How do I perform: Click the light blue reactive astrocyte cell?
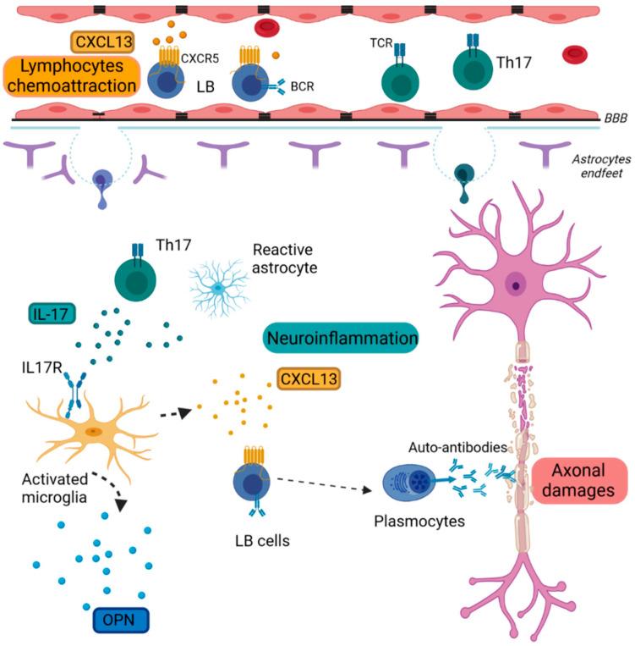pos(217,289)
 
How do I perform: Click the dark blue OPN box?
pos(120,619)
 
